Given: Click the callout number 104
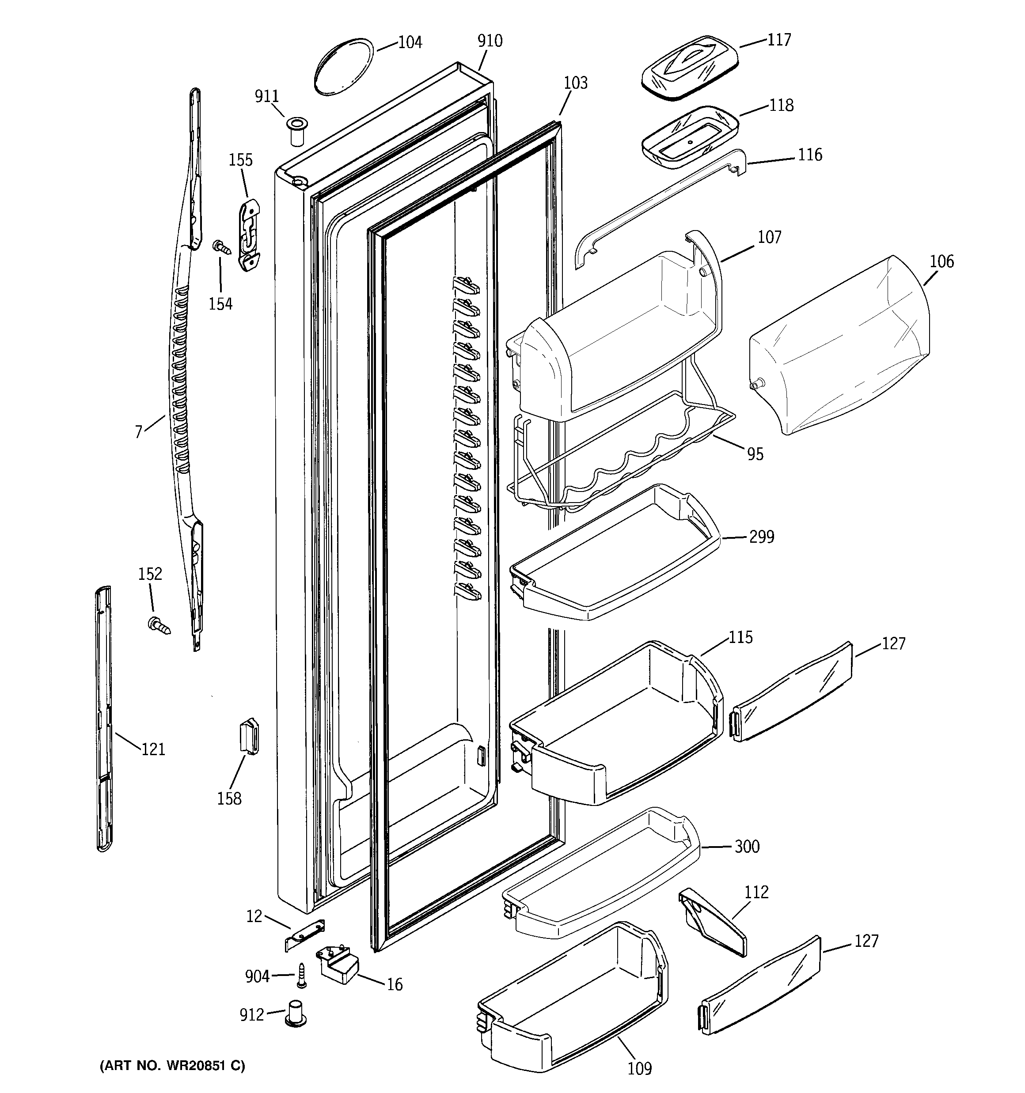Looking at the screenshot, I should [410, 42].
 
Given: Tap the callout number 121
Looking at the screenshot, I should [153, 749].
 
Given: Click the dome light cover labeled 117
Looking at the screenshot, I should [690, 68].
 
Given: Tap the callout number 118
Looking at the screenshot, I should [781, 105].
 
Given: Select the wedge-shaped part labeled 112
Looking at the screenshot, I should [713, 921].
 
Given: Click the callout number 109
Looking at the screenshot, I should [639, 1068].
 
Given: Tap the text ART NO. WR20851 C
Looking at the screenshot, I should [172, 1066].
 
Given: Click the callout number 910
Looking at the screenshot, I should [490, 41].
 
